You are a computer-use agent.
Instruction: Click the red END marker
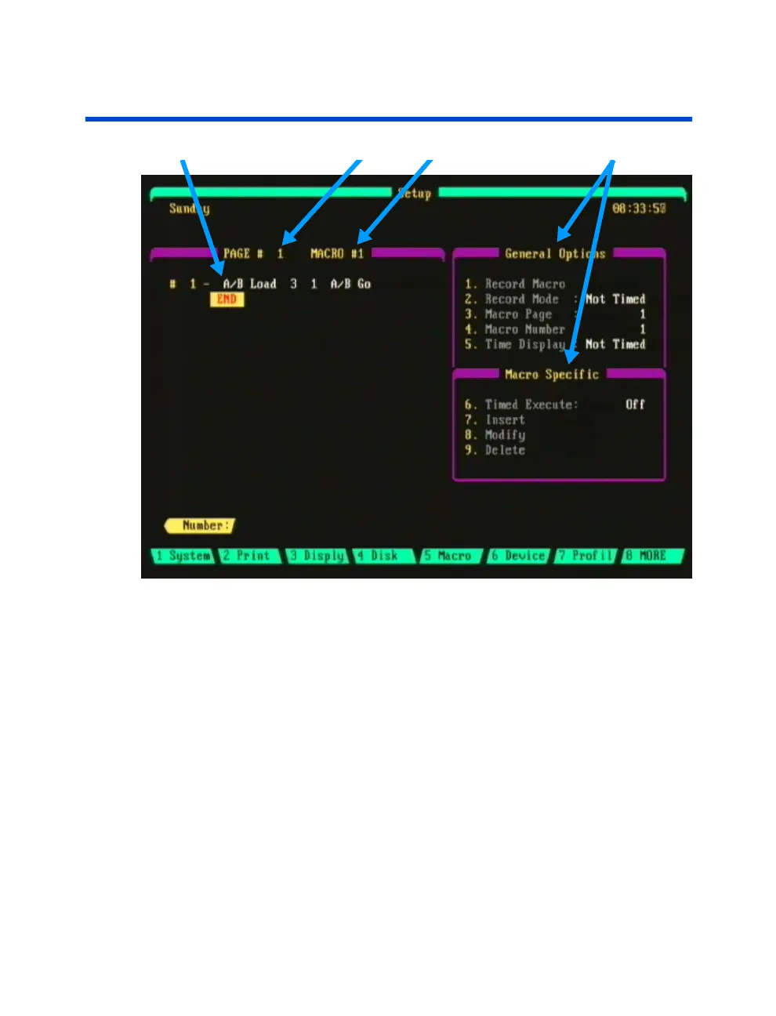pos(227,299)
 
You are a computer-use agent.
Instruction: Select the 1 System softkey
pos(183,556)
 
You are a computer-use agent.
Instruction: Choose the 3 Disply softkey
pos(317,556)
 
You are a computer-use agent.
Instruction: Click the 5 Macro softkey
pos(450,556)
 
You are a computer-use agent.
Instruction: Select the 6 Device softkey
pos(518,556)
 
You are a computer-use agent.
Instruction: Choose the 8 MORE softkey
pos(650,556)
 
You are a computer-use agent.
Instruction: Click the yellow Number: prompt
pos(201,526)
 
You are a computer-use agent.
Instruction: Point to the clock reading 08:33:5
pos(639,209)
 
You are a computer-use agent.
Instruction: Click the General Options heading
pos(555,254)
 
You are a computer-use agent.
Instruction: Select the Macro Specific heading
pos(552,375)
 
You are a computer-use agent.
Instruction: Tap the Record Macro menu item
pos(524,285)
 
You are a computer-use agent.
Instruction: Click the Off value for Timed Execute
pos(635,405)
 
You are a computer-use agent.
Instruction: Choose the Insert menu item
pos(505,420)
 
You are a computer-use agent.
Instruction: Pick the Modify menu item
pos(505,435)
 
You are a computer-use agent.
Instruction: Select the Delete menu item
pos(505,450)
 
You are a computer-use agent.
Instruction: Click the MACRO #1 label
pos(337,254)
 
